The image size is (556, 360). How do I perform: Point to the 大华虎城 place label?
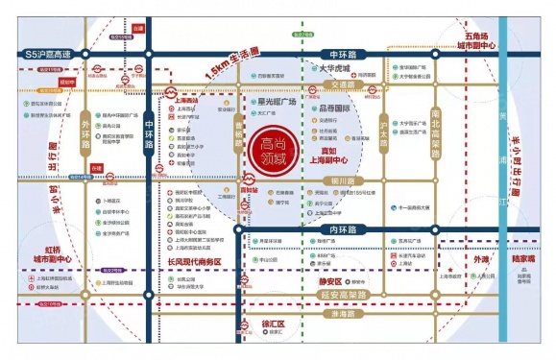tap(340, 68)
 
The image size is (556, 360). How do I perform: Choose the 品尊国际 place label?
tap(345, 108)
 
